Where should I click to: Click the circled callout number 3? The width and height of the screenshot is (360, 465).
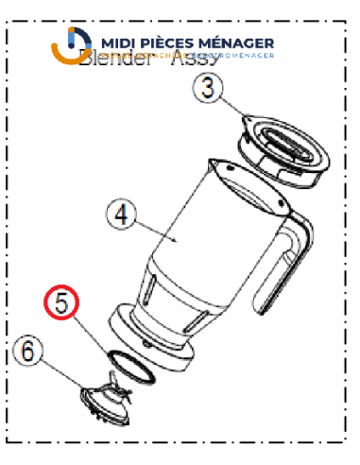(x=210, y=91)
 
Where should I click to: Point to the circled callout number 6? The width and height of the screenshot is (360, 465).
(x=28, y=352)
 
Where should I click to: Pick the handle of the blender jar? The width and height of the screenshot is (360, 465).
(x=287, y=260)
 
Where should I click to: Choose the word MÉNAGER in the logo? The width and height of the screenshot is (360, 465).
(x=239, y=43)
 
